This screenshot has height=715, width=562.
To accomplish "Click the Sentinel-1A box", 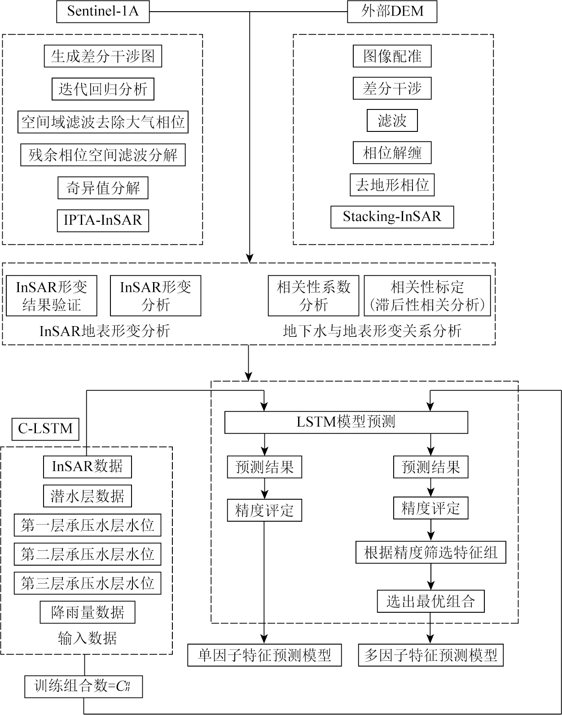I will click(x=103, y=12).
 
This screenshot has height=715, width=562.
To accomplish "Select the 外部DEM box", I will click(x=392, y=12).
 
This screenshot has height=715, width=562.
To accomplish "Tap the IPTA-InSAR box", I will click(x=103, y=220).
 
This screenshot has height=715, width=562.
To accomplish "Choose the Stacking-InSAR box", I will click(x=392, y=217).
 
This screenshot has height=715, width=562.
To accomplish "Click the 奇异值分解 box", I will click(x=103, y=187).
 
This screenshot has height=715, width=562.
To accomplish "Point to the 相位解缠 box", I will click(x=392, y=153).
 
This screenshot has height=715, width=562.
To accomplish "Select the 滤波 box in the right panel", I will click(x=392, y=121).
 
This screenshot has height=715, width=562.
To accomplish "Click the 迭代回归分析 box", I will click(x=103, y=89).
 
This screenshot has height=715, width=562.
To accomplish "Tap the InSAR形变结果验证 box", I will click(x=52, y=296).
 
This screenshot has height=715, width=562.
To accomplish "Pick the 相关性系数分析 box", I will click(x=313, y=296).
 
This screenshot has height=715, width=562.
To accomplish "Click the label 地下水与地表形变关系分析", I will click(x=372, y=331).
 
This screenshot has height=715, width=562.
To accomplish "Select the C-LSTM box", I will click(x=45, y=429).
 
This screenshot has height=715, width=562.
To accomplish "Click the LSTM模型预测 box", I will click(x=346, y=422).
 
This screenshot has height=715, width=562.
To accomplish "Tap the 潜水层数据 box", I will click(x=87, y=496).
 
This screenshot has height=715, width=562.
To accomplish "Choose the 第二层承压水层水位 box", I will click(x=87, y=554).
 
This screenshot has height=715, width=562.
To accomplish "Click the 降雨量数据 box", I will click(x=87, y=612).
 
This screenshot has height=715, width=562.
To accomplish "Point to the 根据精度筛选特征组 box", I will click(x=431, y=552).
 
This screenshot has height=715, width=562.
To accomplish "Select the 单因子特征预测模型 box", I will click(x=264, y=655).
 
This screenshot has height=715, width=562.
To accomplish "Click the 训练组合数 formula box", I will click(x=83, y=686).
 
